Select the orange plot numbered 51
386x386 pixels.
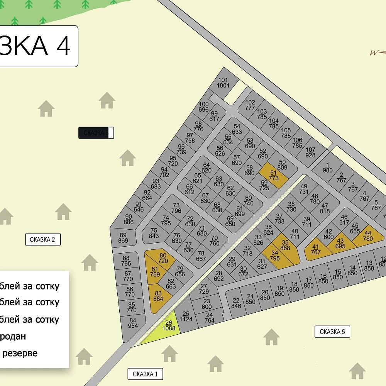pyautogui.click(x=273, y=176)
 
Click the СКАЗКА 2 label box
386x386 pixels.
pyautogui.click(x=42, y=239)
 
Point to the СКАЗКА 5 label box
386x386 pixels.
pyautogui.click(x=332, y=332)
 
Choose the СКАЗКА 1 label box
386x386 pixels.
pyautogui.click(x=145, y=374)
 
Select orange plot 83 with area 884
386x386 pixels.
pyautogui.click(x=158, y=296)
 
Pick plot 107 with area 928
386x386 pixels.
pyautogui.click(x=310, y=152)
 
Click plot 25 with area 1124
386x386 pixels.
pyautogui.click(x=186, y=317)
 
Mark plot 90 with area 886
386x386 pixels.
pyautogui.click(x=129, y=219)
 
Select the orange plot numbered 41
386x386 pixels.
pyautogui.click(x=316, y=250)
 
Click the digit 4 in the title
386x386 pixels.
pyautogui.click(x=64, y=46)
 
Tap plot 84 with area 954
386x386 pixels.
pyautogui.click(x=133, y=323)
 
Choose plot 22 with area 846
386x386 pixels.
pyautogui.click(x=236, y=303)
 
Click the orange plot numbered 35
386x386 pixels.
pyautogui.click(x=285, y=245)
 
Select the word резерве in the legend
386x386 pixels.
pyautogui.click(x=20, y=353)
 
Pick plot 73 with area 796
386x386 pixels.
pyautogui.click(x=176, y=208)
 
